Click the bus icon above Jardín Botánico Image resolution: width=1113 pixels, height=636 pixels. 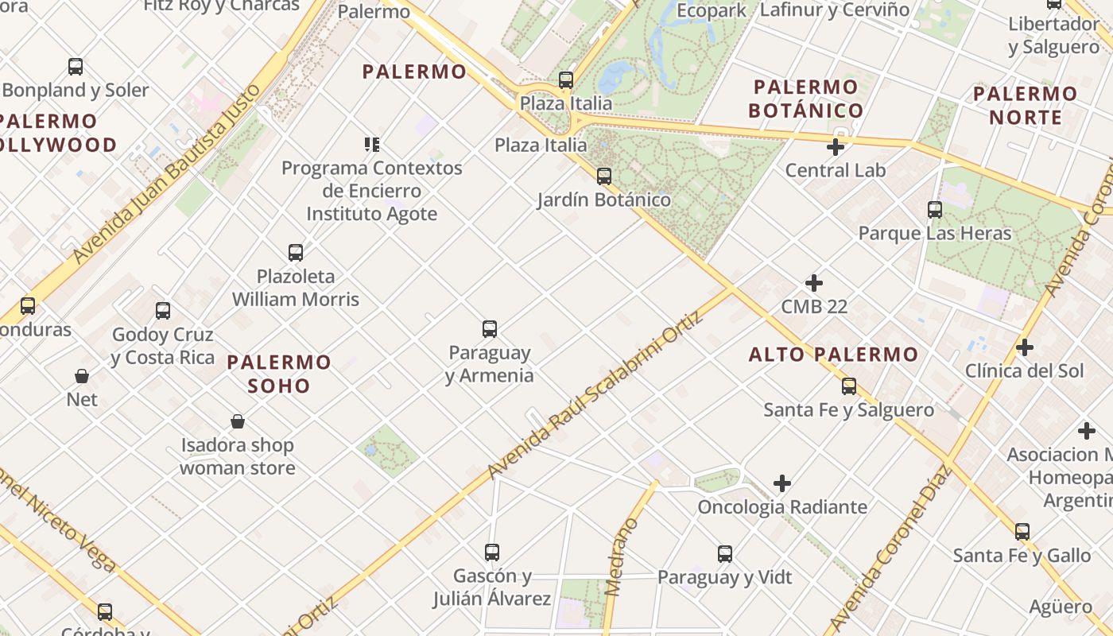[604, 176]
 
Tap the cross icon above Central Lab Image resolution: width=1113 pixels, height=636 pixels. [835, 147]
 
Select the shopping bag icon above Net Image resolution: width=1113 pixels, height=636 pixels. [82, 376]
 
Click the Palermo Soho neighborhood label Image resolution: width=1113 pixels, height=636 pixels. [278, 374]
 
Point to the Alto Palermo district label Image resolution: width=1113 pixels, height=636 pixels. [833, 355]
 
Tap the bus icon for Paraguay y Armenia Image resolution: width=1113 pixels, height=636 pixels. [490, 328]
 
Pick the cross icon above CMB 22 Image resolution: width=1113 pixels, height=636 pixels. [813, 283]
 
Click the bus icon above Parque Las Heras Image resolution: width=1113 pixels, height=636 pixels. [935, 210]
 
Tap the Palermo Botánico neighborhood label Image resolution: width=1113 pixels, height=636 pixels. [806, 99]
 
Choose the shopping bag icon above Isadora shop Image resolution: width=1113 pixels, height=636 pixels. [237, 421]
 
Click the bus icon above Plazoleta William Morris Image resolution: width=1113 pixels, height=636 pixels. [296, 253]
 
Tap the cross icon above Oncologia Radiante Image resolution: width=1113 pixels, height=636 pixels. [782, 483]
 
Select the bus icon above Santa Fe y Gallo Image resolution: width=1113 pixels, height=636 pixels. [1022, 532]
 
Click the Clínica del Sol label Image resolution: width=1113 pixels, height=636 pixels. [1024, 370]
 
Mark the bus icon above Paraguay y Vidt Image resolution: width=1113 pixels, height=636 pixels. [725, 554]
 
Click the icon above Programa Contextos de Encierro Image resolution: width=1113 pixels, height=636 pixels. [372, 145]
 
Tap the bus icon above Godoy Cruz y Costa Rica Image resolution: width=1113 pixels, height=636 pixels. [163, 311]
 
